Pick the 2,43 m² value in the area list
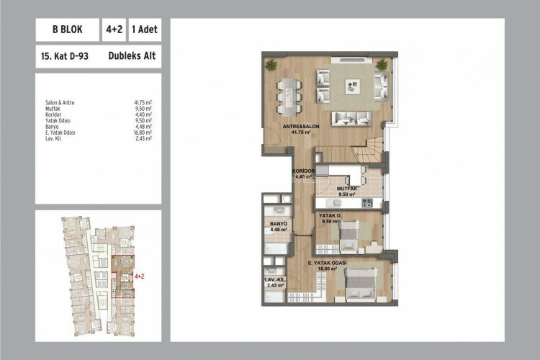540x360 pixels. pos(143,138)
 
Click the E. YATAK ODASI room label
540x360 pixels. pos(330,264)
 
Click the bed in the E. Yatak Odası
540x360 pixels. pos(361,284)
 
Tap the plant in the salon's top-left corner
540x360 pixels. pos(271,65)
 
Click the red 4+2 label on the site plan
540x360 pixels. pos(140,276)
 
